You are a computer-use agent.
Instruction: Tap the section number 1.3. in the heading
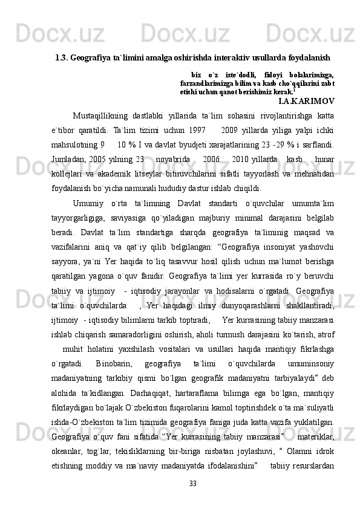[61, 59]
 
